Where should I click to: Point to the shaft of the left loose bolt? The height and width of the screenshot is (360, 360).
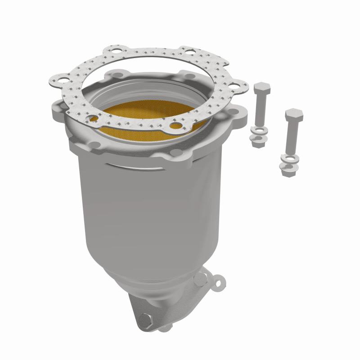point(260,110)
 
